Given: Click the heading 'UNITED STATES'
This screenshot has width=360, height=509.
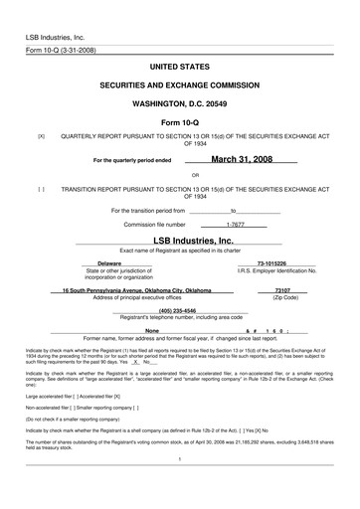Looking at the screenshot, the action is pyautogui.click(x=180, y=64).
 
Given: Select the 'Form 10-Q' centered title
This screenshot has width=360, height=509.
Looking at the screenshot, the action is pyautogui.click(x=180, y=122).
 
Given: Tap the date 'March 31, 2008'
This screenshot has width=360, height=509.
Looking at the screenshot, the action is pyautogui.click(x=241, y=157).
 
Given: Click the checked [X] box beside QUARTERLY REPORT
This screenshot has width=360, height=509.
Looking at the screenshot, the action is pyautogui.click(x=41, y=134).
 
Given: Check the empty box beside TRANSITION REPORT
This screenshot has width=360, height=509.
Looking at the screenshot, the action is pyautogui.click(x=41, y=187).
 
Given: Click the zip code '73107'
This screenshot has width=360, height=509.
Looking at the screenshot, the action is pyautogui.click(x=285, y=290).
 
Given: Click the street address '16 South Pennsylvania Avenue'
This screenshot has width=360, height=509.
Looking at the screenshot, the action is pyautogui.click(x=109, y=290).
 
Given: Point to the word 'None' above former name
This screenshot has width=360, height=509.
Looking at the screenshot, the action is pyautogui.click(x=152, y=329).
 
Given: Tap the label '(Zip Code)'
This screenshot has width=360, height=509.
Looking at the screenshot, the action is pyautogui.click(x=285, y=297).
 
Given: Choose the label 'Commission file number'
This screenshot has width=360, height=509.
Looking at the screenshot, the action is pyautogui.click(x=149, y=225).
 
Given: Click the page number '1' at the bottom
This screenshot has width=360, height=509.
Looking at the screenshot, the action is pyautogui.click(x=179, y=458).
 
